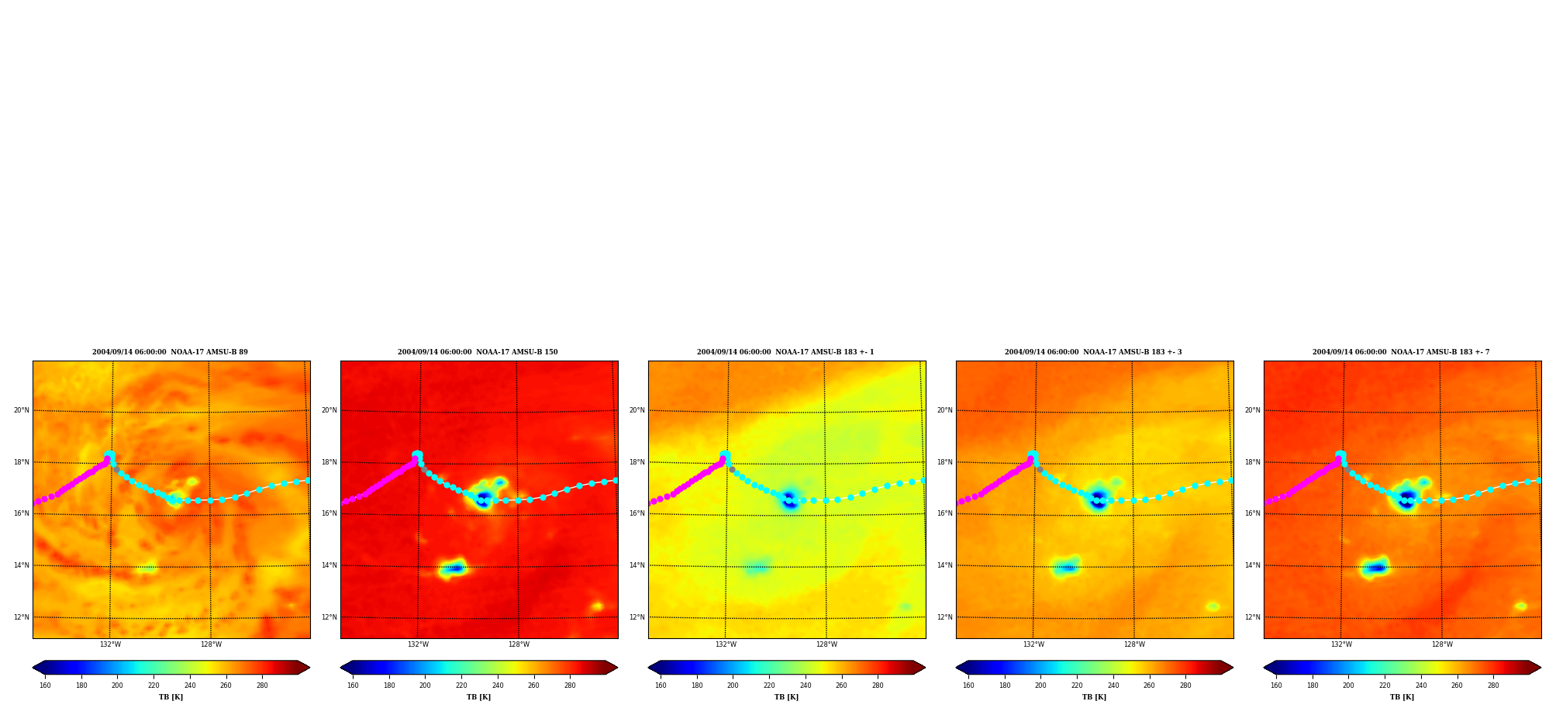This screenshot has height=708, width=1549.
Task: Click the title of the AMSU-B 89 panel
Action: click(171, 352)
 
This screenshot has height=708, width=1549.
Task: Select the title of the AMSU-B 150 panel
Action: click(478, 352)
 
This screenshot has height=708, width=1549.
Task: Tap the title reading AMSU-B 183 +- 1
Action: click(785, 352)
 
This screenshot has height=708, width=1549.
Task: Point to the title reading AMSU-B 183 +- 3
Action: click(1093, 352)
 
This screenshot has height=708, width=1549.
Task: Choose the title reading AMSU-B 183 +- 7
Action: click(1401, 352)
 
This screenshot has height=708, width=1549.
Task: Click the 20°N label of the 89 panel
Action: click(22, 410)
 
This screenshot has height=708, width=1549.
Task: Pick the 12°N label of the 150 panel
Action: click(329, 617)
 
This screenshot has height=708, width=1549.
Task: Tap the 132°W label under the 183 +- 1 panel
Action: click(726, 644)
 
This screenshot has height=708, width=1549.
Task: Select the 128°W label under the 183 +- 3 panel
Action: click(1134, 644)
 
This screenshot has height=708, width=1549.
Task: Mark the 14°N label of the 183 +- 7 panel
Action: click(1253, 565)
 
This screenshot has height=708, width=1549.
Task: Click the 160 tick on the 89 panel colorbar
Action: click(45, 686)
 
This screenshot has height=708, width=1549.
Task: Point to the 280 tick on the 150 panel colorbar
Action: click(570, 686)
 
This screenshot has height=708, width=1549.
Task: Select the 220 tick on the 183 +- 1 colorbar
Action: click(769, 686)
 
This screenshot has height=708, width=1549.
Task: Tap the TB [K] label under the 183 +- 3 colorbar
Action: click(1094, 697)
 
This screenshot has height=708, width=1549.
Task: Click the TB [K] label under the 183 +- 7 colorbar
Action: click(1402, 697)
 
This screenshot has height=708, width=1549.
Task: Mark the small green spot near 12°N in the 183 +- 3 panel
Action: click(1213, 606)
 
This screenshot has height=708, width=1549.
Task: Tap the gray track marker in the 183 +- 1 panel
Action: click(732, 469)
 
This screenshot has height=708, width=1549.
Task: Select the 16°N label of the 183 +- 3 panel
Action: click(945, 513)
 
